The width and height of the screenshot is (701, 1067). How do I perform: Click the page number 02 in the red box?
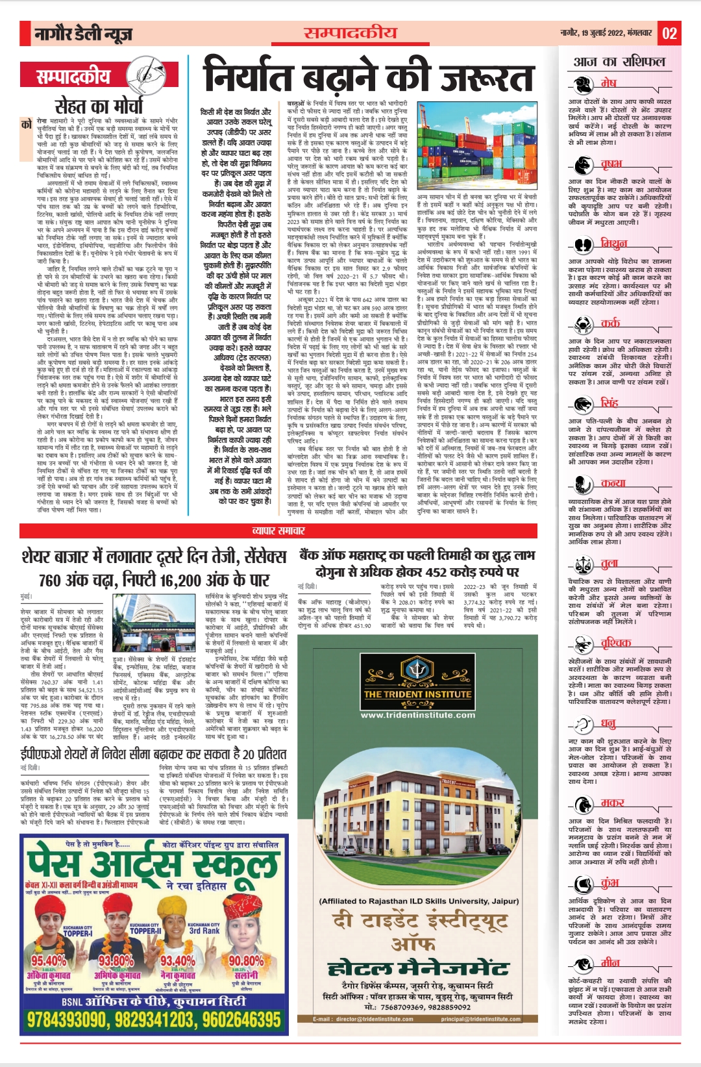tap(669, 33)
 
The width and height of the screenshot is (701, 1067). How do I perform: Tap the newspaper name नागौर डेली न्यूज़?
tap(84, 34)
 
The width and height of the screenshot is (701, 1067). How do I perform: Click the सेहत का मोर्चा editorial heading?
tap(98, 105)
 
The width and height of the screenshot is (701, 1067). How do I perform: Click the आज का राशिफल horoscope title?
tap(619, 62)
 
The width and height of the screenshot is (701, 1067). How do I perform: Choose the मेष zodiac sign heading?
tap(608, 83)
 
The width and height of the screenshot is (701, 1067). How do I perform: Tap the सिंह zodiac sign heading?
tap(609, 403)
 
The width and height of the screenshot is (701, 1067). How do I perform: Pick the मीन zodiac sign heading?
tap(609, 962)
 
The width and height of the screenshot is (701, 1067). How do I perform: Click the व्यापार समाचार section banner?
tap(278, 531)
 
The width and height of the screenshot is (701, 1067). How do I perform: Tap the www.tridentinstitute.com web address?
tap(417, 715)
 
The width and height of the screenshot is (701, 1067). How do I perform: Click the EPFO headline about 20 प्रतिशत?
tap(154, 754)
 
